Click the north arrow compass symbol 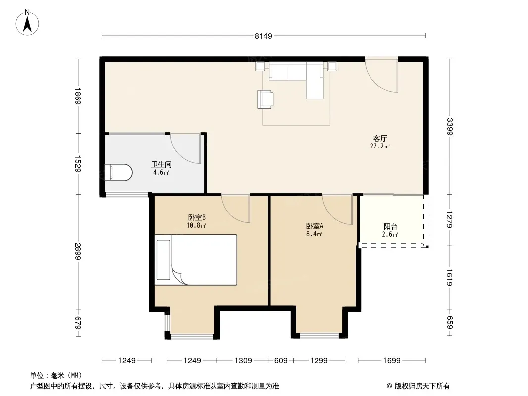(x=27, y=23)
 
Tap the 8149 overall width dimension (x=264, y=36)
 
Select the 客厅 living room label (x=380, y=138)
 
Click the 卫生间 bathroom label (x=161, y=164)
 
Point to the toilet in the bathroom (x=118, y=172)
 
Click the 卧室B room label (x=197, y=218)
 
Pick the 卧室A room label (x=315, y=226)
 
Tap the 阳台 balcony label (x=390, y=227)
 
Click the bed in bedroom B (x=196, y=260)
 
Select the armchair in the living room (x=265, y=99)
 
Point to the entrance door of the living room (x=381, y=75)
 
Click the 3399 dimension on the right (x=450, y=127)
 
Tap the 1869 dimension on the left (x=78, y=96)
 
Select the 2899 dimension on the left (x=78, y=251)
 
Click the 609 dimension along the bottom (x=281, y=361)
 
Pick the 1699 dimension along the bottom (x=392, y=361)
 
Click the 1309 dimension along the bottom (x=243, y=361)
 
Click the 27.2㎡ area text (x=380, y=146)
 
